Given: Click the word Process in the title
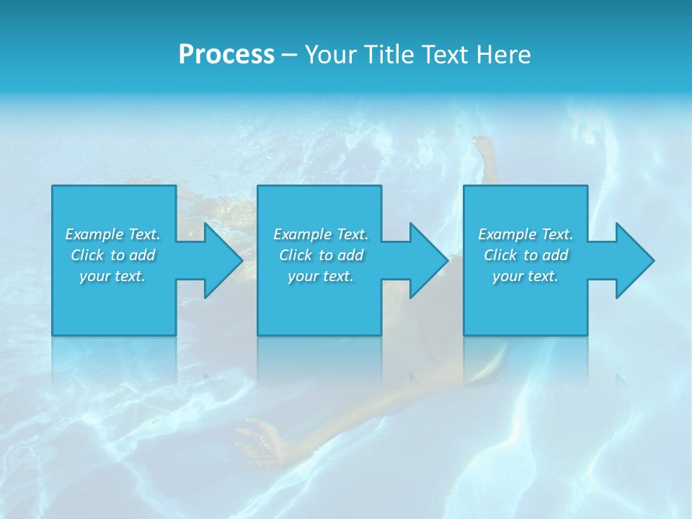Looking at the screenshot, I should tap(226, 54).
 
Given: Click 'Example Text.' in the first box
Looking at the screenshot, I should tap(112, 234).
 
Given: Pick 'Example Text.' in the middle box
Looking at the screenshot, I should tap(321, 234).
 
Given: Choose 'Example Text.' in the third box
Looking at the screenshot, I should tap(525, 234).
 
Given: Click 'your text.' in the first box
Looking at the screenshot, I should tap(112, 276).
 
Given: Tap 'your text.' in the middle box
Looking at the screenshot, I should tap(321, 276).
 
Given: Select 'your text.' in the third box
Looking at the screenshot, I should tap(525, 276).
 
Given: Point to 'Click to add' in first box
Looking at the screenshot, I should tap(112, 255).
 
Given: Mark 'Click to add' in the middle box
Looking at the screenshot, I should tap(321, 255).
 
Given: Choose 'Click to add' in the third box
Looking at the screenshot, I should tap(525, 255).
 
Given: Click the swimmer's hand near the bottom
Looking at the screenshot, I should tap(259, 436).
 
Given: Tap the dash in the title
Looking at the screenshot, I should tap(290, 55).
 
